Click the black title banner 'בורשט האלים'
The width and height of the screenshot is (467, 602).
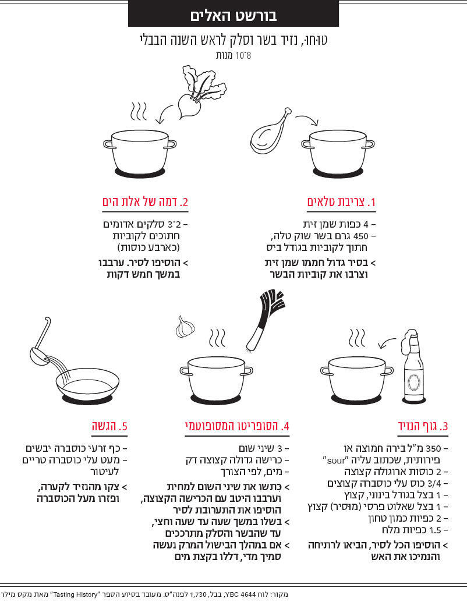point(233,14)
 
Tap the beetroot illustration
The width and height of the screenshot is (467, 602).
point(201,92)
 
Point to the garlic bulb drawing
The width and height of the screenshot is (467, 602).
point(185,327)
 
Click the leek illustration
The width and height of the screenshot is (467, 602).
point(265,321)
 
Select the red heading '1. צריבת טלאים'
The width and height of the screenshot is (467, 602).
point(341,202)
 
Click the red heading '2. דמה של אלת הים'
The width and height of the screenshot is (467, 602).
point(145,202)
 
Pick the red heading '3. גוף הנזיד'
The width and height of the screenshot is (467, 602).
point(423,426)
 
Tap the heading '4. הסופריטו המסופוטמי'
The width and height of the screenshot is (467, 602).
point(237,426)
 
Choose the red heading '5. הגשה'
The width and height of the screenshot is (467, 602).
point(109,426)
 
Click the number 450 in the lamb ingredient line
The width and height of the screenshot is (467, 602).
point(360,236)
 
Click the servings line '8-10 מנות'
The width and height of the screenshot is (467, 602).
point(233,55)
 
